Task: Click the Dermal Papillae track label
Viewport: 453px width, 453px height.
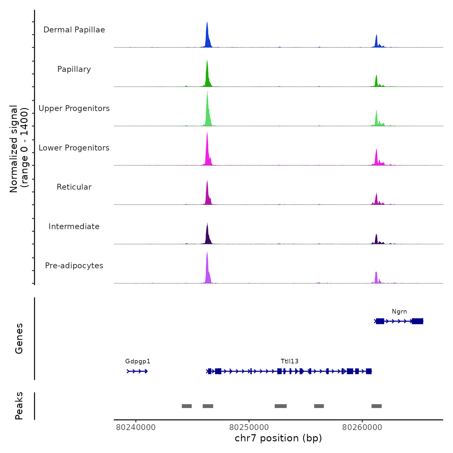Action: (74, 30)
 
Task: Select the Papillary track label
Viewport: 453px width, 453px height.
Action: (74, 69)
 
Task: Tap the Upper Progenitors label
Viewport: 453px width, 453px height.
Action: (74, 108)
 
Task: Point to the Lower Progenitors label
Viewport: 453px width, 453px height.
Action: (74, 148)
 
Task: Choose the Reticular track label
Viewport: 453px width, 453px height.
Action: (74, 187)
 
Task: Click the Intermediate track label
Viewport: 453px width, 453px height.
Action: (74, 226)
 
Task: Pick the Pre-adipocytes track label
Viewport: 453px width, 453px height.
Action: (74, 266)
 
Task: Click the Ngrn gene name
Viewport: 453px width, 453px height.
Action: (399, 312)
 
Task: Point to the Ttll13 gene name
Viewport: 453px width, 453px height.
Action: (290, 361)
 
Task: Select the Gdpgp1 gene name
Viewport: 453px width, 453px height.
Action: (138, 361)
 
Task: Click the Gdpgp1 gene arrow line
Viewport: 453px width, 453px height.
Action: (137, 371)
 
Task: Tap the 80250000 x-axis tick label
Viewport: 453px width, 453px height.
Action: (249, 427)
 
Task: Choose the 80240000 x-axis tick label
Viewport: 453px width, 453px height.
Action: (136, 427)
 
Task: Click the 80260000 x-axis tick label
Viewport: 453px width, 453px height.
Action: (362, 427)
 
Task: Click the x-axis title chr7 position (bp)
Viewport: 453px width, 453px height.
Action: (278, 438)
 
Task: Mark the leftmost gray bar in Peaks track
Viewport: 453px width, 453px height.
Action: (187, 406)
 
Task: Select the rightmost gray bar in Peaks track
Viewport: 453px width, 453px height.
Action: (377, 406)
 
